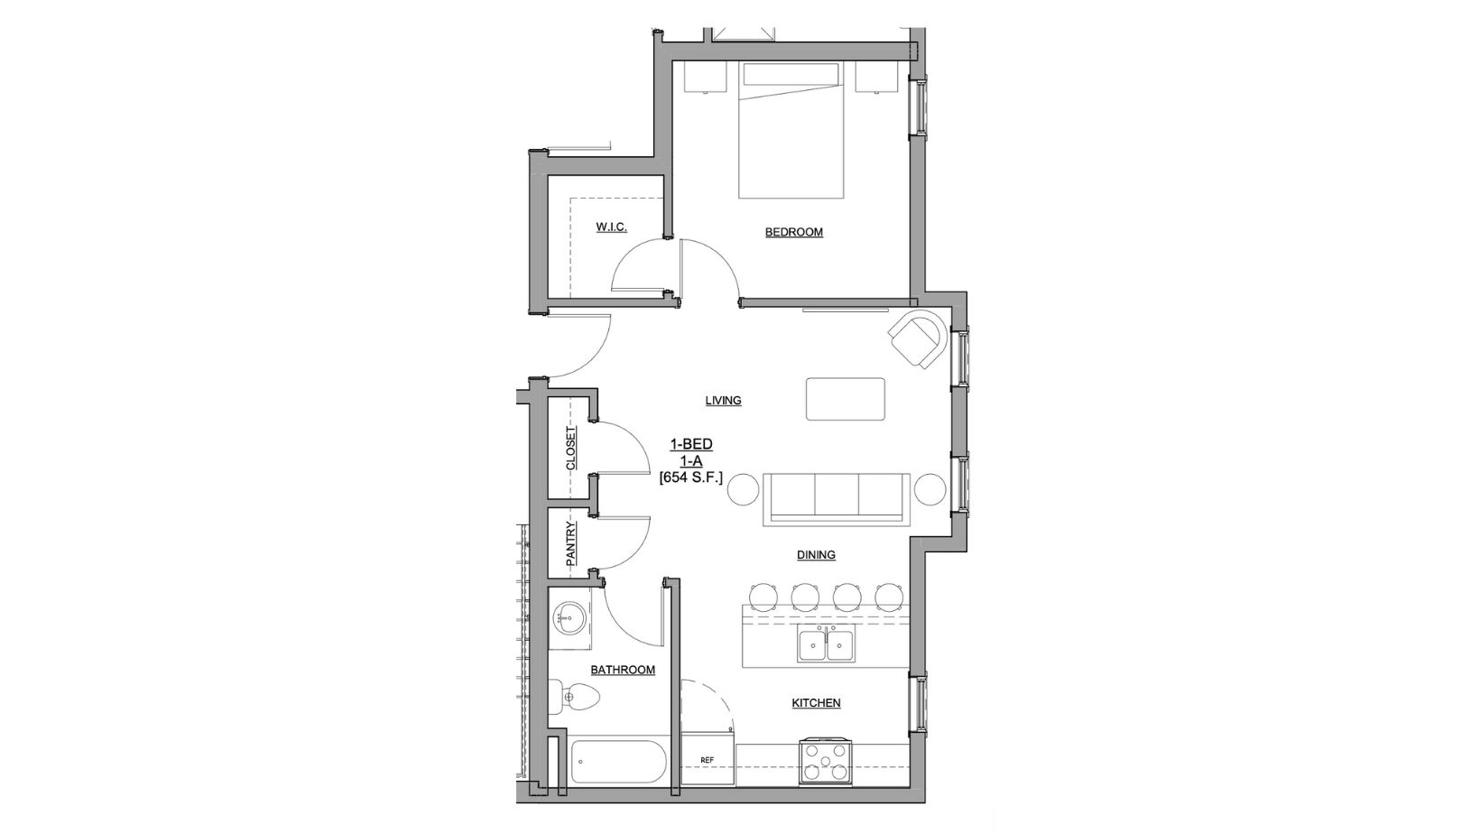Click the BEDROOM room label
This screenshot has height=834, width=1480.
[x=793, y=232]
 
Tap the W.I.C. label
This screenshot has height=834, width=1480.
[x=611, y=227]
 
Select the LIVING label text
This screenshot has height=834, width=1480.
[x=723, y=400]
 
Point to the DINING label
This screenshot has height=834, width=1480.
[x=815, y=555]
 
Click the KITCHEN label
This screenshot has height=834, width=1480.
[x=816, y=703]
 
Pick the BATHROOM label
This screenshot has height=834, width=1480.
[x=623, y=670]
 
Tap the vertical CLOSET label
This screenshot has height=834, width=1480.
[x=570, y=449]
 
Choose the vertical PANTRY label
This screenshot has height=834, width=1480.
[x=570, y=543]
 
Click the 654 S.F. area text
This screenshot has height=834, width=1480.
[x=691, y=477]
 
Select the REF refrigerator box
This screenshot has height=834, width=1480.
[x=708, y=760]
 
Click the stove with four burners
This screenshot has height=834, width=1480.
[x=825, y=761]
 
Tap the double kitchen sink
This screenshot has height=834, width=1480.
[x=827, y=644]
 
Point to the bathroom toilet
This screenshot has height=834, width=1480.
[x=575, y=698]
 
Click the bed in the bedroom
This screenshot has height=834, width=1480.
[x=791, y=131]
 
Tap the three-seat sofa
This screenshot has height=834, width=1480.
[x=835, y=498]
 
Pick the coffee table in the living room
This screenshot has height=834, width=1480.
[x=846, y=399]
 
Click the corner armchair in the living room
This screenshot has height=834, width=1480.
[x=920, y=338]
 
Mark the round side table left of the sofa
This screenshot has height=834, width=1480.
[x=745, y=489]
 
